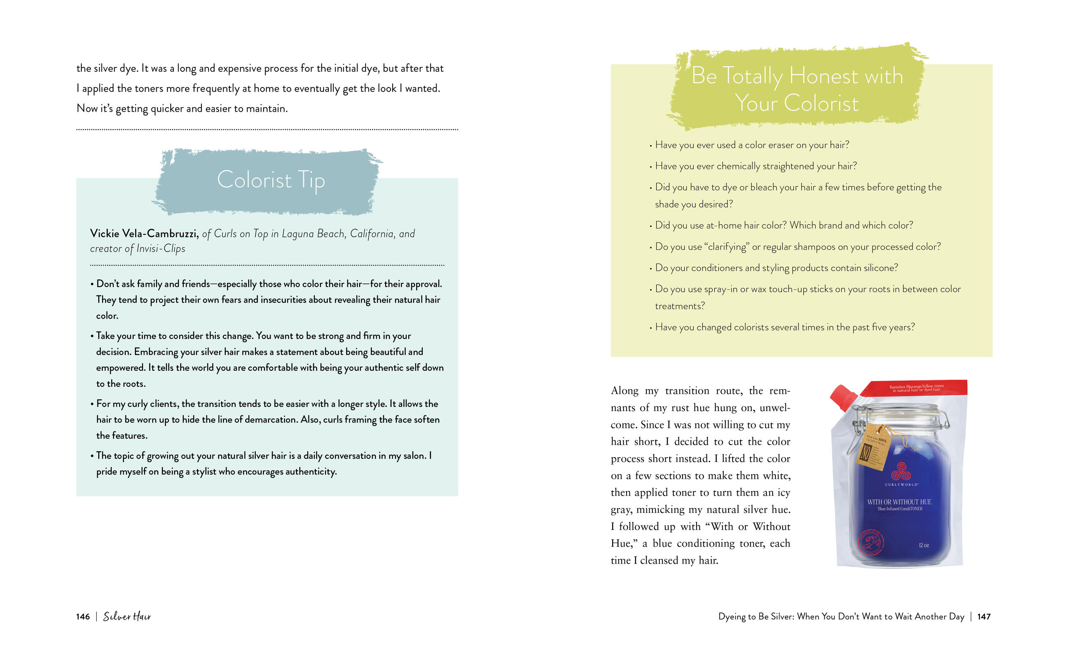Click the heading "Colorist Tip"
tap(271, 180)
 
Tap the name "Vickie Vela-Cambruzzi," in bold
tap(144, 234)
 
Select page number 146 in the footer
tap(83, 617)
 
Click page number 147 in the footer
tap(984, 617)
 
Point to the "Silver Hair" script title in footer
tap(127, 617)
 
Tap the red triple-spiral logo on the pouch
tap(901, 471)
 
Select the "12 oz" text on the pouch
tap(924, 545)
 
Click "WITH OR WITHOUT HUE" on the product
tap(899, 502)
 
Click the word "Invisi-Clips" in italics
tap(161, 249)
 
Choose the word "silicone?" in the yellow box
tap(881, 268)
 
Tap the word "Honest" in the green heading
tap(824, 76)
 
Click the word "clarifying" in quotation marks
tap(728, 247)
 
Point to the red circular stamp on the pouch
tap(871, 542)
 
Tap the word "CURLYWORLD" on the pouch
tap(901, 485)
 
